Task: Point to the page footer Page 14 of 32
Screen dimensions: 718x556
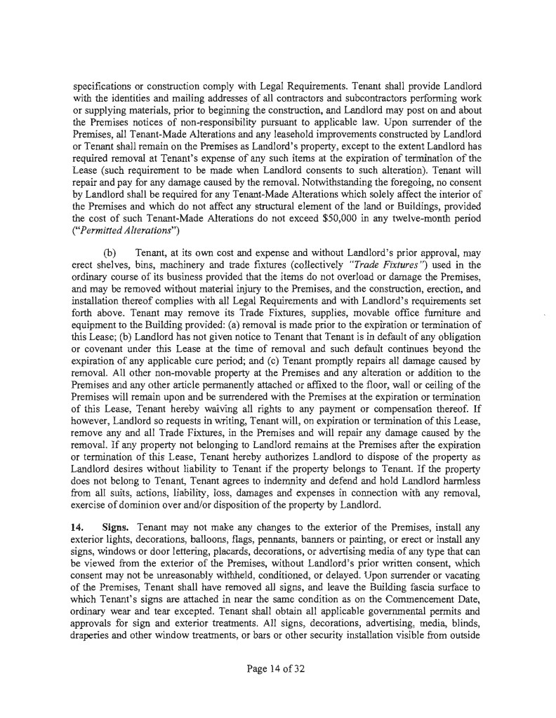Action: pos(278,669)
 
